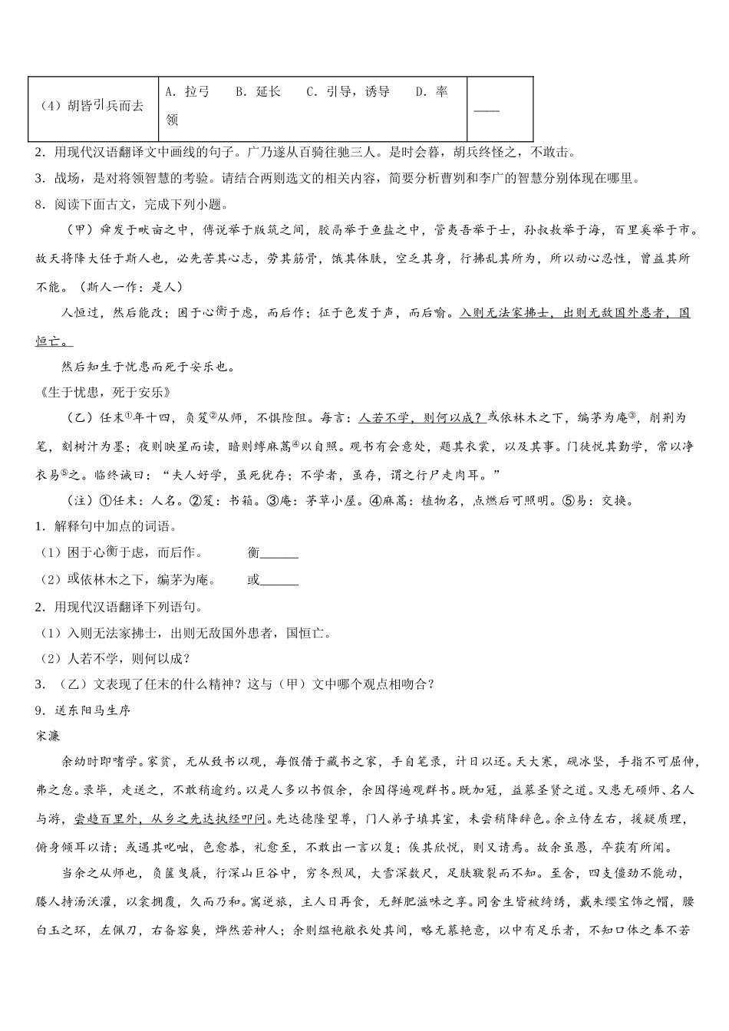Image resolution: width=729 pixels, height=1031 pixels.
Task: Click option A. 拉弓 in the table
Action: coord(188,92)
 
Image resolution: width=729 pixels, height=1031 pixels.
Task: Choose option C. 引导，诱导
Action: coord(348,92)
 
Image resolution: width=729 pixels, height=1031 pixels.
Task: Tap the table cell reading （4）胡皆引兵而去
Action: coord(91,107)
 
